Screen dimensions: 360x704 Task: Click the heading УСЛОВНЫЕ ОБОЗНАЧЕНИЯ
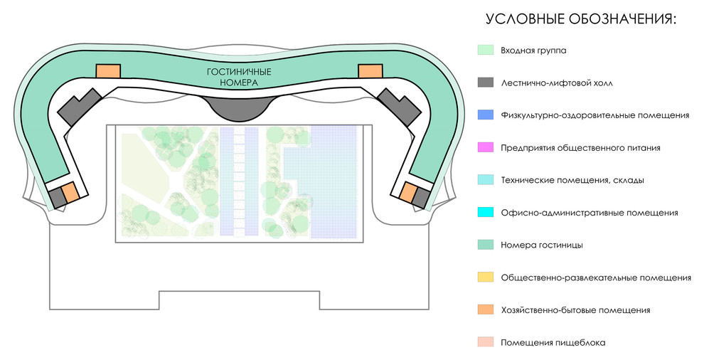[x=581, y=19]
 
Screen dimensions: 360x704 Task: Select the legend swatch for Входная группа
[x=486, y=51]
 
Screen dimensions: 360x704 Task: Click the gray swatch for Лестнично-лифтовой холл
[x=486, y=83]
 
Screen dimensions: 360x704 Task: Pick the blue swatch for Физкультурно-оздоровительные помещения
[x=486, y=115]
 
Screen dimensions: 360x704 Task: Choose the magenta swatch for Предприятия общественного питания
[x=486, y=147]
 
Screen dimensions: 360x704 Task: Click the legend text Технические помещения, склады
[x=572, y=180]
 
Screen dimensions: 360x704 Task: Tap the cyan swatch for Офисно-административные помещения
[x=486, y=213]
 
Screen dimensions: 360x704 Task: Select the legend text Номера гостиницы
[x=542, y=245]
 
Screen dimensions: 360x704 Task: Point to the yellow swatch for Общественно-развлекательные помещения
[x=486, y=277]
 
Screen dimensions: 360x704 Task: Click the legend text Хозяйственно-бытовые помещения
[x=575, y=310]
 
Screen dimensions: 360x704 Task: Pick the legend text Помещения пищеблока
[x=553, y=343]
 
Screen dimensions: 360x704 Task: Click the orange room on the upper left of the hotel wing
[x=108, y=71]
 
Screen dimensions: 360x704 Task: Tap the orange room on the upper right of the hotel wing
[x=370, y=71]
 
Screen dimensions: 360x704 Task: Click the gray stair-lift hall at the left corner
[x=79, y=107]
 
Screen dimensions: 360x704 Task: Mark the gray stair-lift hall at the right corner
[x=398, y=107]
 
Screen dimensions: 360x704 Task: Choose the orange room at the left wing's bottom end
[x=70, y=192]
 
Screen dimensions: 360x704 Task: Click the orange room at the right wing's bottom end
[x=407, y=192]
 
